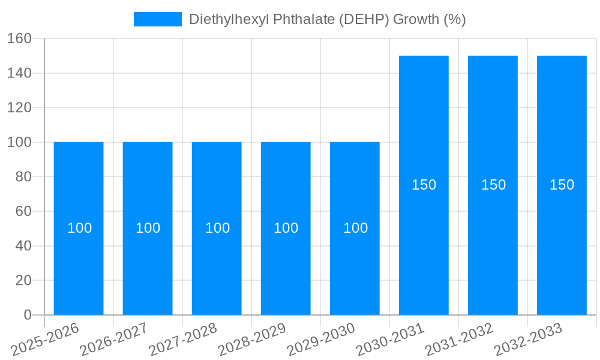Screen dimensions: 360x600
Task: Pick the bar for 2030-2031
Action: pos(424,240)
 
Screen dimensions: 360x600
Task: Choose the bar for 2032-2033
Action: pos(562,240)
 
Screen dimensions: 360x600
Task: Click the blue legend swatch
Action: pos(157,19)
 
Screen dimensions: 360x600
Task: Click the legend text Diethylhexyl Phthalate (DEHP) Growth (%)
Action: pos(328,19)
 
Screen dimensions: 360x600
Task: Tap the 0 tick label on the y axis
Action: pos(27,315)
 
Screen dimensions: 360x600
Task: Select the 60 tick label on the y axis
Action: pos(23,211)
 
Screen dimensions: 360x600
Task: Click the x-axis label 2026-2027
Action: pos(113,339)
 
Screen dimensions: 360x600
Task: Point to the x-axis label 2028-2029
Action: pos(251,339)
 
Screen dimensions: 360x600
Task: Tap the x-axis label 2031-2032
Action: pos(458,339)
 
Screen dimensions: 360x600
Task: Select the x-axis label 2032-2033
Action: pos(527,339)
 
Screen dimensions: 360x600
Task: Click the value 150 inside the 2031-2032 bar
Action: pos(493,185)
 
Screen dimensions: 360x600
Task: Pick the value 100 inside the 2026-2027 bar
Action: pos(148,228)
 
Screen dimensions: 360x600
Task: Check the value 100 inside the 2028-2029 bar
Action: pos(286,228)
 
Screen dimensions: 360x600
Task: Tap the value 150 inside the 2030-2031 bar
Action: pos(424,185)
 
